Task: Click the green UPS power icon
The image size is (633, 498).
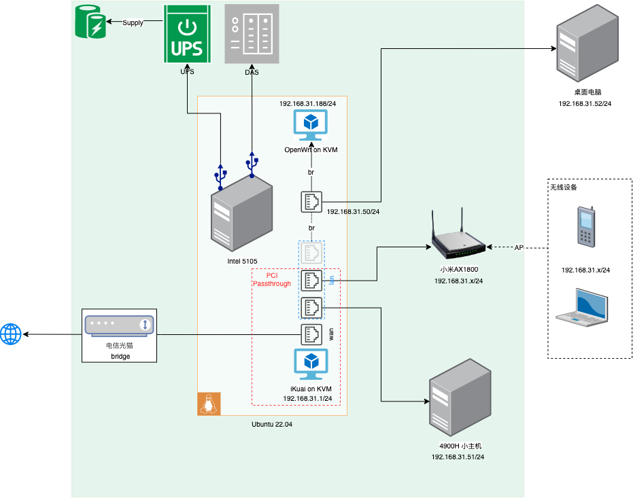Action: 186,34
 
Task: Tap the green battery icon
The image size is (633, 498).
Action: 90,22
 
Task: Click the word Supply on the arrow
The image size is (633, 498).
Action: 133,23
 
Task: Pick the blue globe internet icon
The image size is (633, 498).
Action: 11,334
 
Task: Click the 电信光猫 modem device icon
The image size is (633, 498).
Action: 119,325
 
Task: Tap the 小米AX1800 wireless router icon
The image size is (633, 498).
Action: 459,239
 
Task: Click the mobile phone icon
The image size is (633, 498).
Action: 585,226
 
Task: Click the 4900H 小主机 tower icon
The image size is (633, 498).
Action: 460,396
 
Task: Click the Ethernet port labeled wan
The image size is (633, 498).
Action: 311,334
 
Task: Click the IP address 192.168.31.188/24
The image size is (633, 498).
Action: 307,103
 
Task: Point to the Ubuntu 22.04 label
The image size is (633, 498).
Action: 272,424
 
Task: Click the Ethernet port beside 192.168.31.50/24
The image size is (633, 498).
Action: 311,202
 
